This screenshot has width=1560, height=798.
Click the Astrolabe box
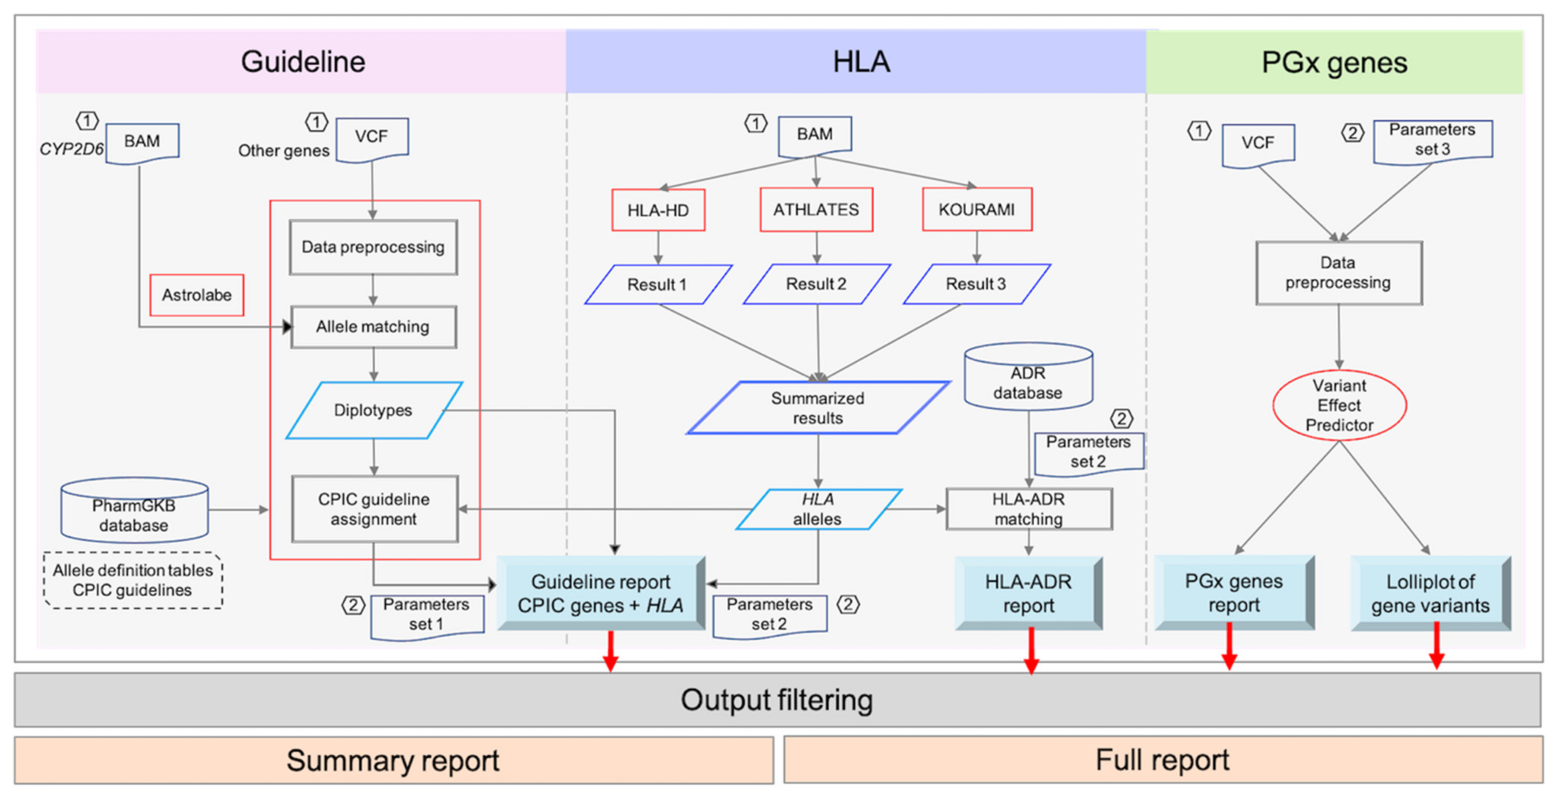point(197,295)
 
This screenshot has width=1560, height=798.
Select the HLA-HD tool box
point(658,210)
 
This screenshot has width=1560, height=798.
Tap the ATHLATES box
point(816,209)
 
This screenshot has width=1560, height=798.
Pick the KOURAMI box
point(977,209)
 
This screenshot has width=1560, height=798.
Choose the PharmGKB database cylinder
point(134,512)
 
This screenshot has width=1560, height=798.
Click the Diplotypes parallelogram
point(374,410)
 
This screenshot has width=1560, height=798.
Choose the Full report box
point(1163,760)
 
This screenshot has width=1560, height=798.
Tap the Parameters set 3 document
point(1432,141)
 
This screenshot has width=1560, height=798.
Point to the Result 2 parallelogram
point(816,284)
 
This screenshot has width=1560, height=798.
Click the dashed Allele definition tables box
point(133,580)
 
